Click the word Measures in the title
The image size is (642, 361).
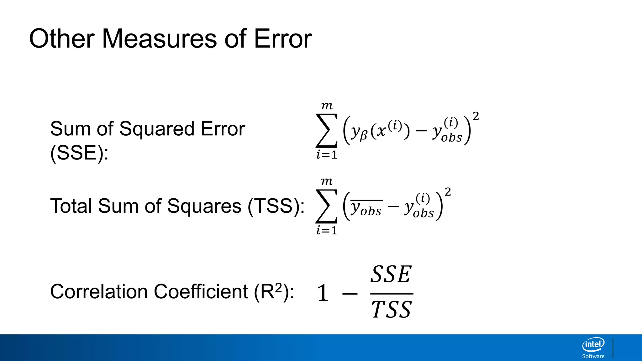coord(159,39)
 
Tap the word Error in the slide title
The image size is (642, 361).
coord(283,39)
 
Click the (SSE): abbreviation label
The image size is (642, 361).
coord(79,153)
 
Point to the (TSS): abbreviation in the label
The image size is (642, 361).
coord(276,206)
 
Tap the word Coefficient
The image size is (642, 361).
coord(201,292)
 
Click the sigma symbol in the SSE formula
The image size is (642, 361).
coord(327,131)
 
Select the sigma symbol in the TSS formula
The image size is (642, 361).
coord(327,206)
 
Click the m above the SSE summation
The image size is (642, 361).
coord(327,106)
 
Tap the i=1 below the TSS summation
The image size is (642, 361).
coord(327,231)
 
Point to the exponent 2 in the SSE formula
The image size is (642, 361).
coord(476,116)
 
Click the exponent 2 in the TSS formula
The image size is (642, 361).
coord(448,192)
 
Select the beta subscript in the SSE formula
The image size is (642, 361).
coord(363,136)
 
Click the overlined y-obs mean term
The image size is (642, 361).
coord(366,208)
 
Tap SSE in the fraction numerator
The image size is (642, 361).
coord(391,275)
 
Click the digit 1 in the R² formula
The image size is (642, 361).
coord(323,293)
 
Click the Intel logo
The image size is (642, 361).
coord(593,345)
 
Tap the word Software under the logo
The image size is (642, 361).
coord(593,356)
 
